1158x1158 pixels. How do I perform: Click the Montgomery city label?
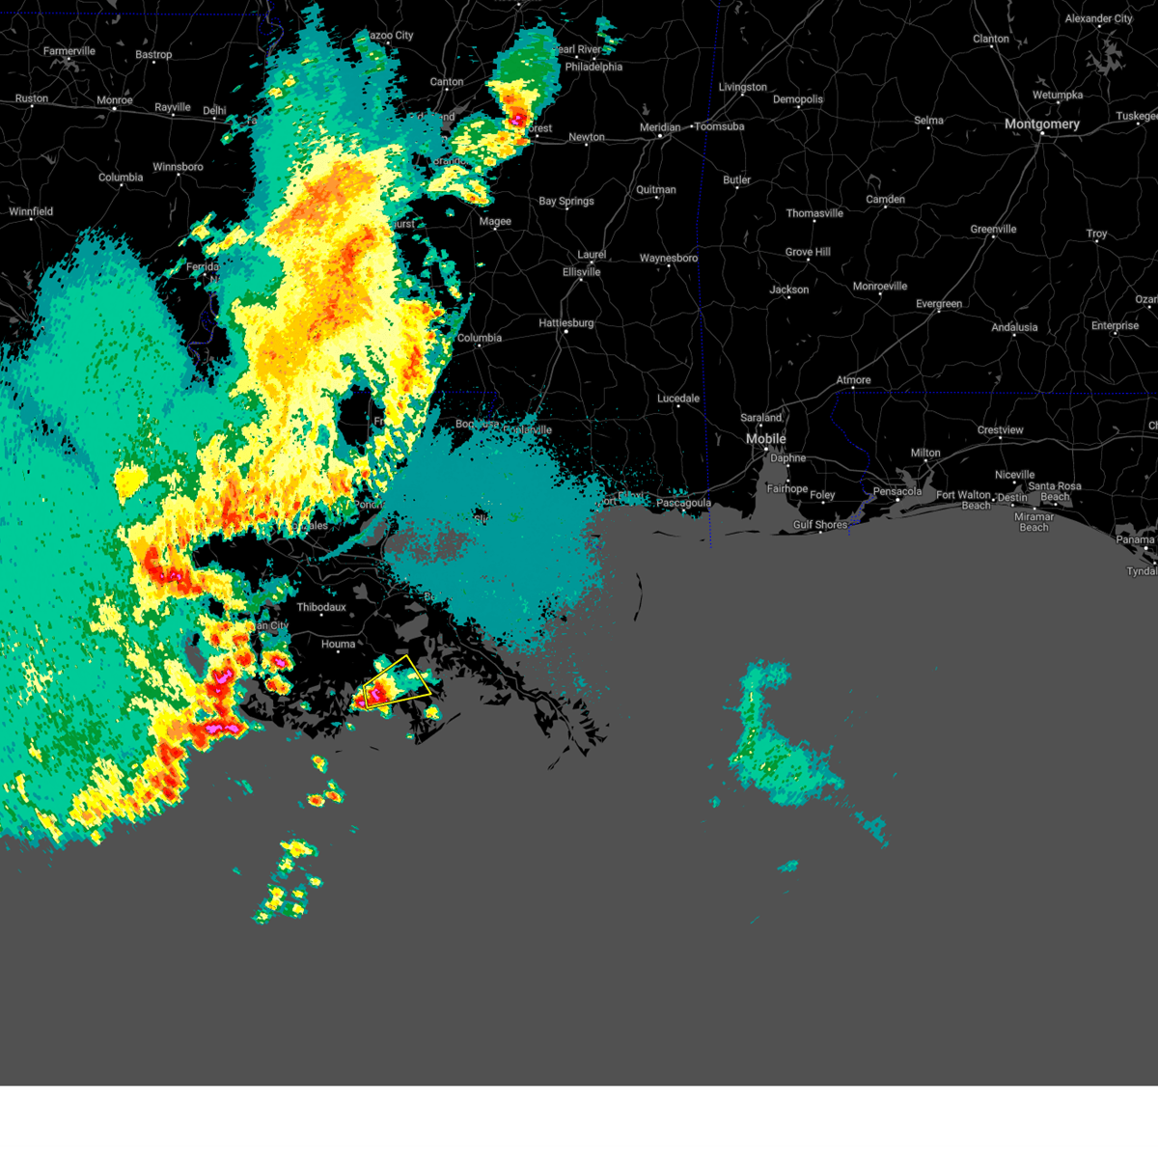coord(1041,124)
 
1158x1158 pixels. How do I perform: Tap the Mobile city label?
coord(765,439)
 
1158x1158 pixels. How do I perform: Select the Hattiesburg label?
coord(566,323)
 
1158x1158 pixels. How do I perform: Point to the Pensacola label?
coord(897,492)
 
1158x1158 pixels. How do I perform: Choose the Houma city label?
coord(338,644)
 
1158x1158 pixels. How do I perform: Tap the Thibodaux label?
coord(320,607)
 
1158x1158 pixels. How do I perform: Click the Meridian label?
coord(660,127)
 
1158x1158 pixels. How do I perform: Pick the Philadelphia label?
coord(593,68)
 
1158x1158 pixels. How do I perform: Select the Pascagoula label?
coord(683,504)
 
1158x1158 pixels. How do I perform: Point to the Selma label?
coord(928,121)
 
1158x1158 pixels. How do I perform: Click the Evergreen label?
coord(939,304)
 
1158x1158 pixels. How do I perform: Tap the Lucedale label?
coord(678,399)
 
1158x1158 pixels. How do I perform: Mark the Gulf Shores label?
coord(820,525)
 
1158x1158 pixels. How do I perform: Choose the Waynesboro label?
coord(668,259)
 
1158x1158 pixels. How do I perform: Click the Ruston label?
coord(32,98)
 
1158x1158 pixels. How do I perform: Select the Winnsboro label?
coord(178,167)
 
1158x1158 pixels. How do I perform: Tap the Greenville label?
coord(993,230)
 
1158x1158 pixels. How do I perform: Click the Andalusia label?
coord(1014,328)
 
